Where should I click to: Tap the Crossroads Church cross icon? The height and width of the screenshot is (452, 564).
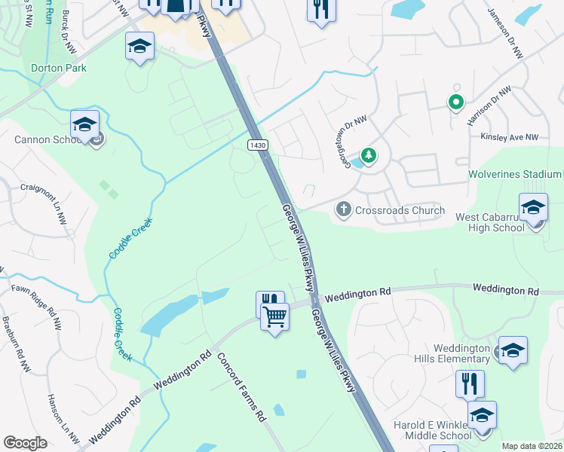[343, 209]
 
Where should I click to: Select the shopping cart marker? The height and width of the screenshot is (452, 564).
[274, 316]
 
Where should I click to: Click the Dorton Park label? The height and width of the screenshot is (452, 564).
[59, 68]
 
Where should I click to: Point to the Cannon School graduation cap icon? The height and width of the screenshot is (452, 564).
[84, 124]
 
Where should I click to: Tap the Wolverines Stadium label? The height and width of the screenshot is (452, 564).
[515, 174]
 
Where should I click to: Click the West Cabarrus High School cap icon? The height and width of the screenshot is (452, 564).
[533, 206]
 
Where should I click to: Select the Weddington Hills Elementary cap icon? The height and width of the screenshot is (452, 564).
[513, 350]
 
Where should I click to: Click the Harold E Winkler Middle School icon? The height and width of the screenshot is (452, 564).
[482, 415]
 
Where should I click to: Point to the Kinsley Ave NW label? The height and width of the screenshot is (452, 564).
[510, 137]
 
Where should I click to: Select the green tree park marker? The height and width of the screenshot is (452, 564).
[369, 156]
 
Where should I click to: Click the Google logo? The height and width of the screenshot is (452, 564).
[25, 442]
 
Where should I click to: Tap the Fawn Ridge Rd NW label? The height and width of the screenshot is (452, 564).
[30, 298]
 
